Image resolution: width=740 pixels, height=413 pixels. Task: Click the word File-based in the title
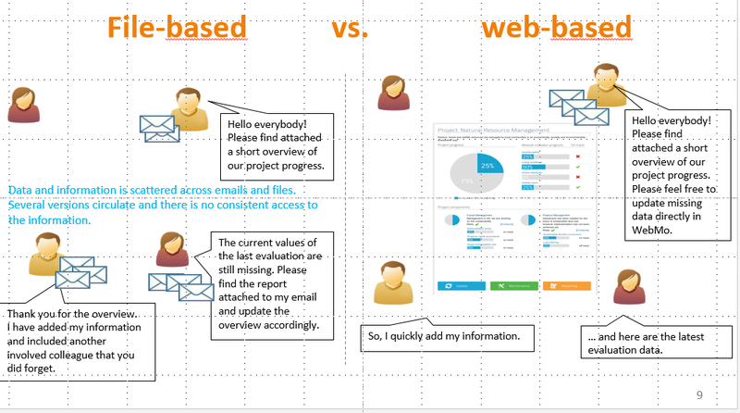tap(178, 29)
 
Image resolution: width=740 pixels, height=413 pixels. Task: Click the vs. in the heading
tap(350, 29)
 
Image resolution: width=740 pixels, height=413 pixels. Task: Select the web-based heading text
tap(555, 29)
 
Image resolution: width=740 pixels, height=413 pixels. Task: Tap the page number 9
tap(699, 396)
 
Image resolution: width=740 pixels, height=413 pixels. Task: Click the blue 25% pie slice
tap(488, 168)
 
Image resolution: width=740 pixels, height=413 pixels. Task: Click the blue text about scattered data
tap(162, 205)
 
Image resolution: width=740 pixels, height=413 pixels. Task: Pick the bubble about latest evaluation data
tap(656, 343)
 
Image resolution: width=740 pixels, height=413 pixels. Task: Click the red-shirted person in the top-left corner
tap(23, 105)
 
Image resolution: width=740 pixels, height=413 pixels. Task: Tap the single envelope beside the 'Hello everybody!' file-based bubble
tap(156, 127)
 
